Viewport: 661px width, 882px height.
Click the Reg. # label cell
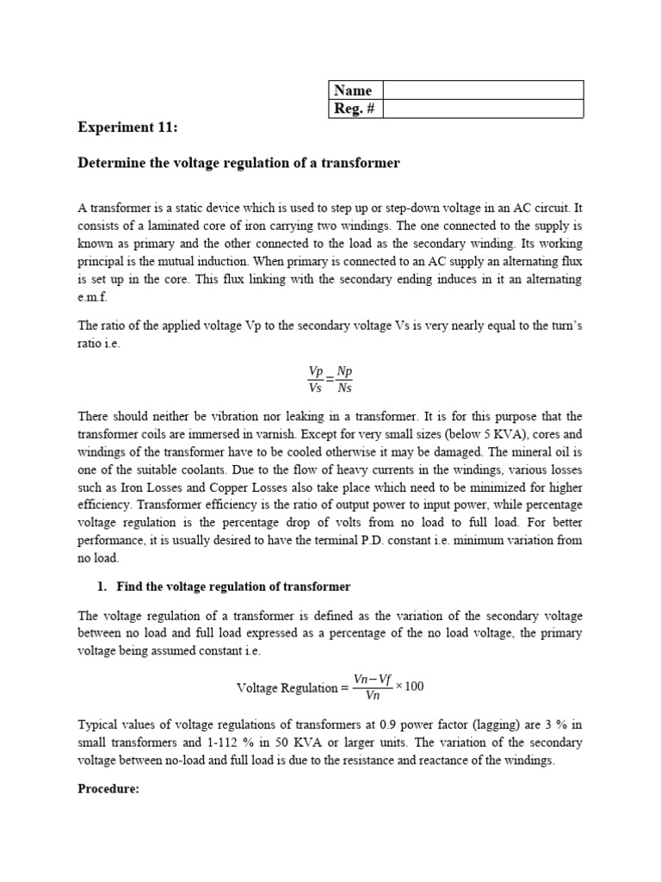(x=355, y=109)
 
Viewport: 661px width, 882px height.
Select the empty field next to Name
(x=483, y=90)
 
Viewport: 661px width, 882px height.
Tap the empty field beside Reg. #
(x=483, y=109)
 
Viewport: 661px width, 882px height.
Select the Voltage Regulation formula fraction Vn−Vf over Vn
(x=372, y=686)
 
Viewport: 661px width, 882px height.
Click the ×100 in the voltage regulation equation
(x=410, y=686)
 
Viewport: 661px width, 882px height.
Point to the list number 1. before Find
(x=101, y=587)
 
